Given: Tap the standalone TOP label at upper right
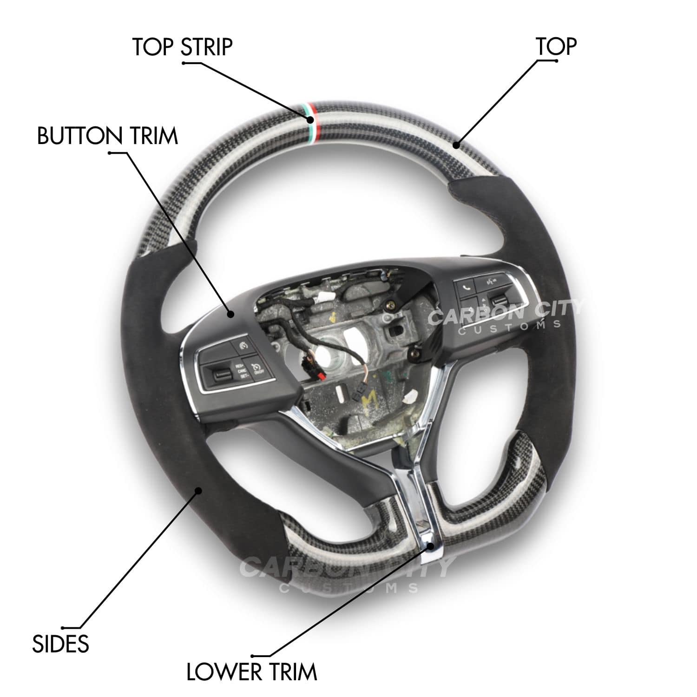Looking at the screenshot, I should coord(556,46).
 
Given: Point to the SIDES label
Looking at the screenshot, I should coord(60,644).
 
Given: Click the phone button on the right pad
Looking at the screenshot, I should coord(467,288).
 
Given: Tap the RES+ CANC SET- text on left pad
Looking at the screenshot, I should coord(242,370).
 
